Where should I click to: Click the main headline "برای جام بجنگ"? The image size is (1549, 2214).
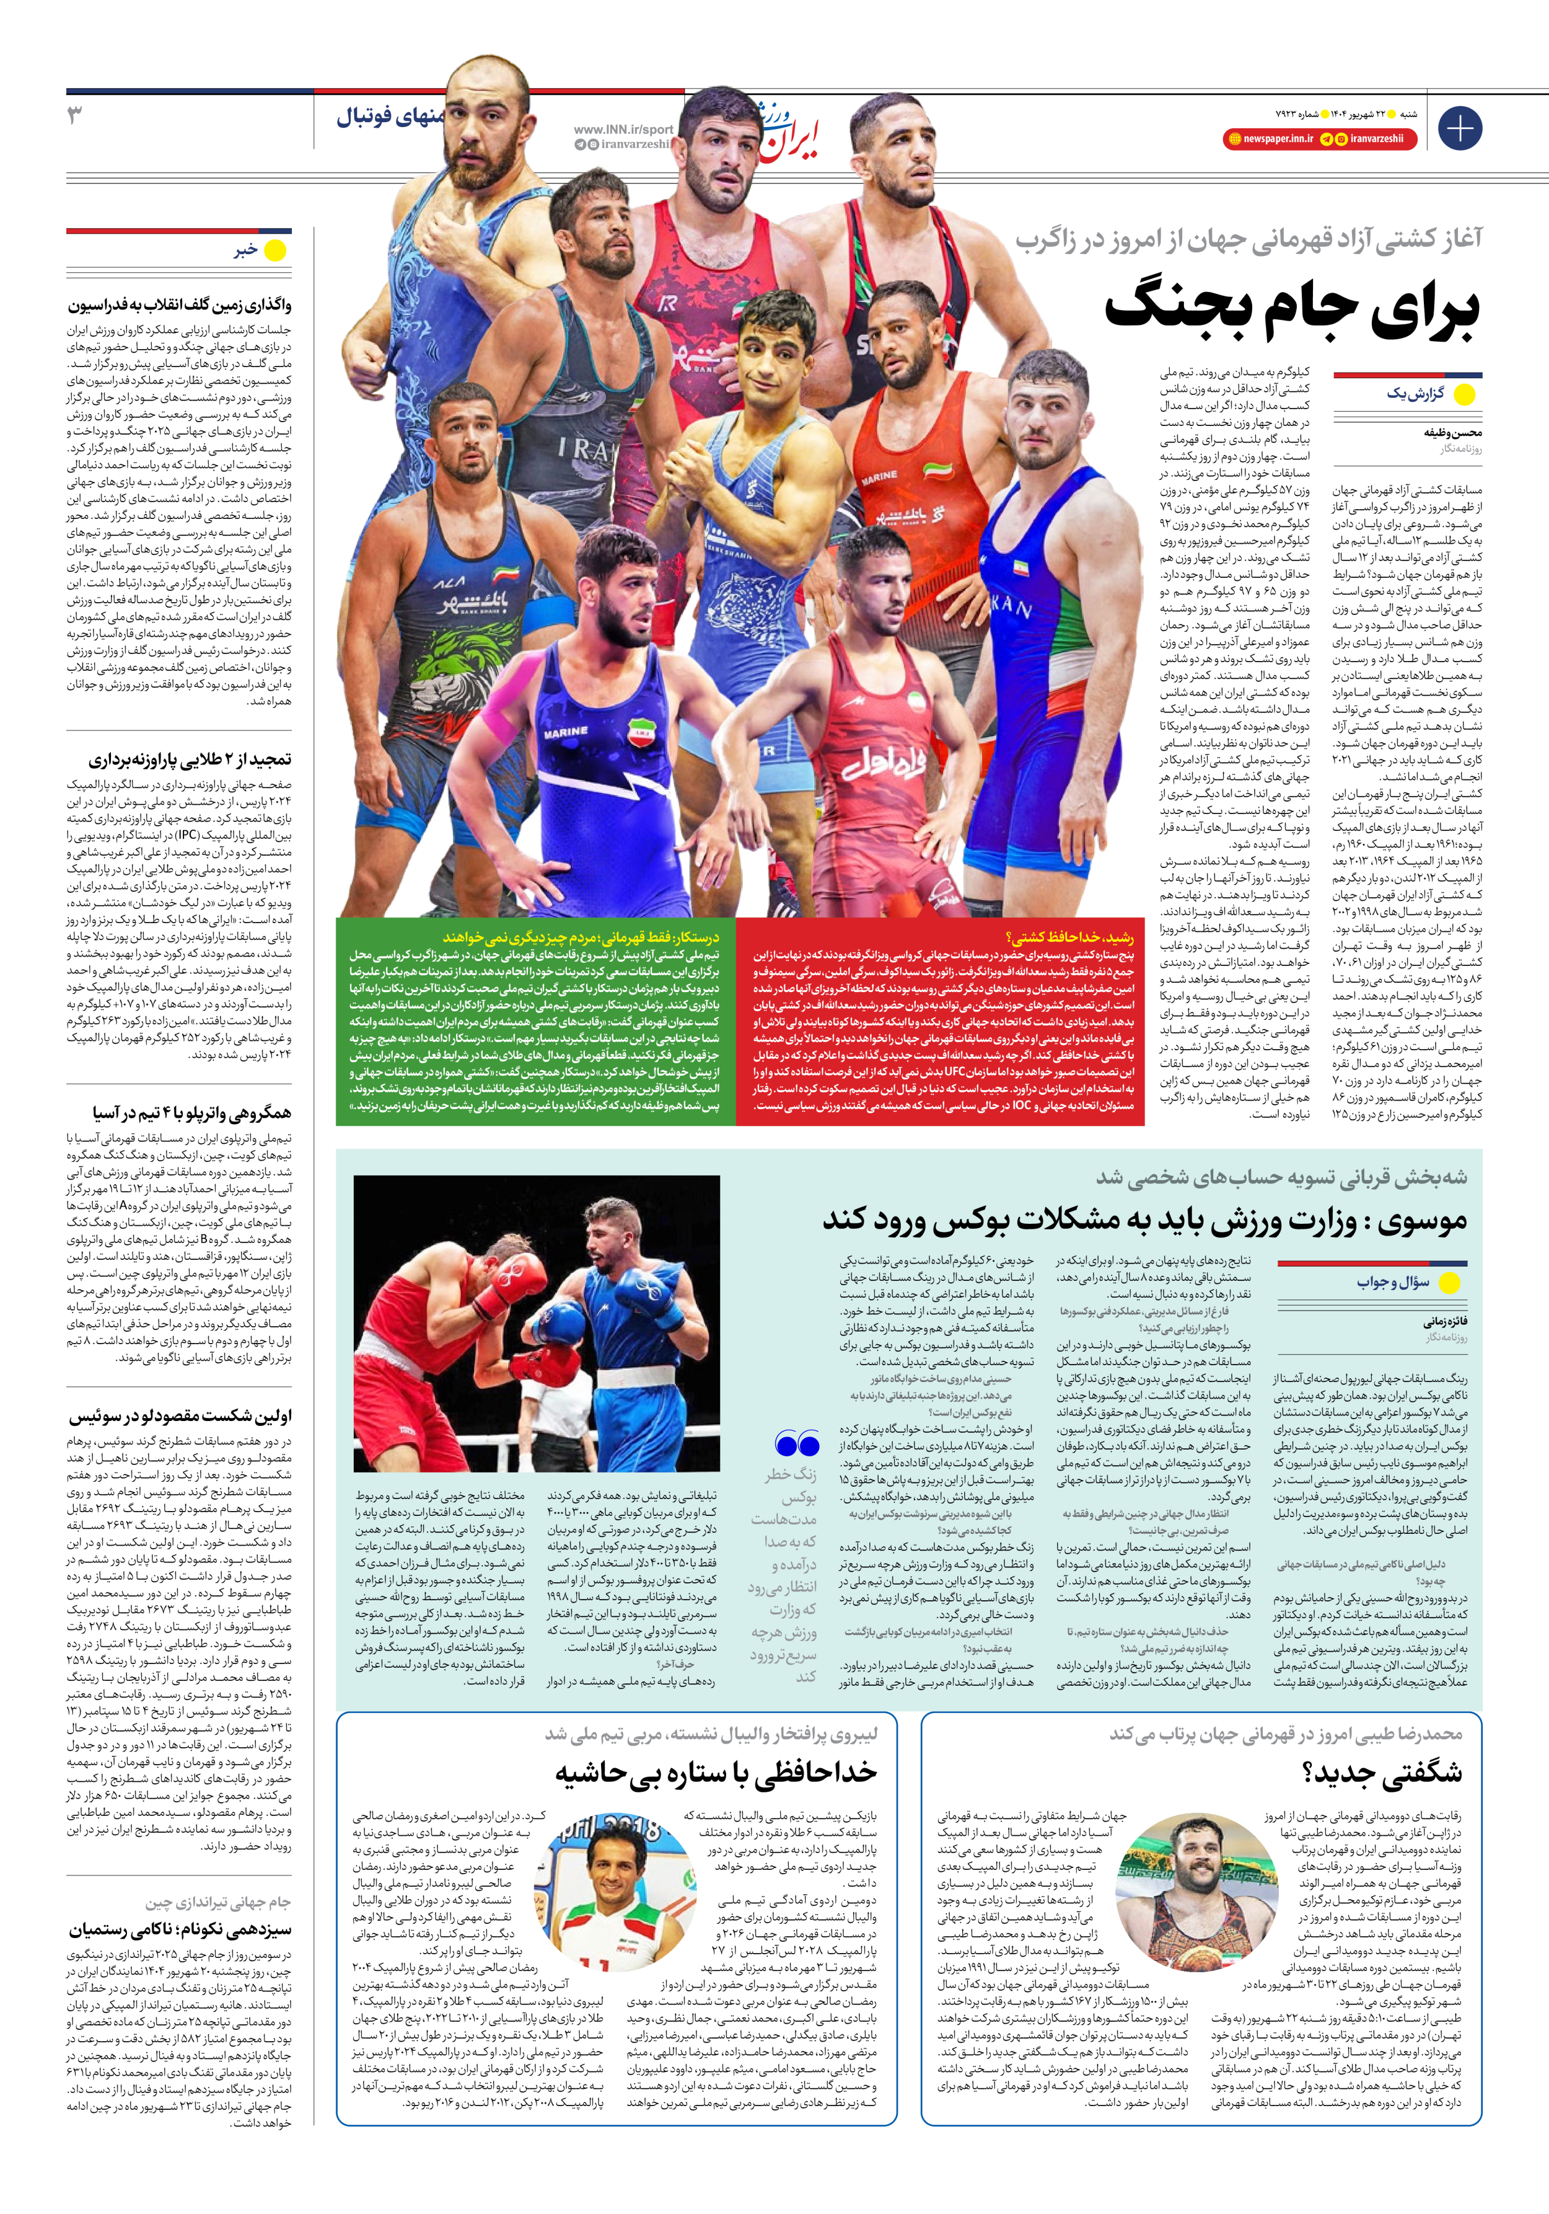point(1292,309)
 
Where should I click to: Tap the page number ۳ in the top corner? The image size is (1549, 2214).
point(75,116)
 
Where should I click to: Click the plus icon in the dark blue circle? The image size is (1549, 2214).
point(1459,128)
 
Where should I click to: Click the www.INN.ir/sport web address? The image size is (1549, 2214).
point(623,129)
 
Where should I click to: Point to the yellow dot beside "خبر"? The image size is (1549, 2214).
point(276,250)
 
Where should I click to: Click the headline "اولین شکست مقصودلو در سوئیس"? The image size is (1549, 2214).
point(180,1415)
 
